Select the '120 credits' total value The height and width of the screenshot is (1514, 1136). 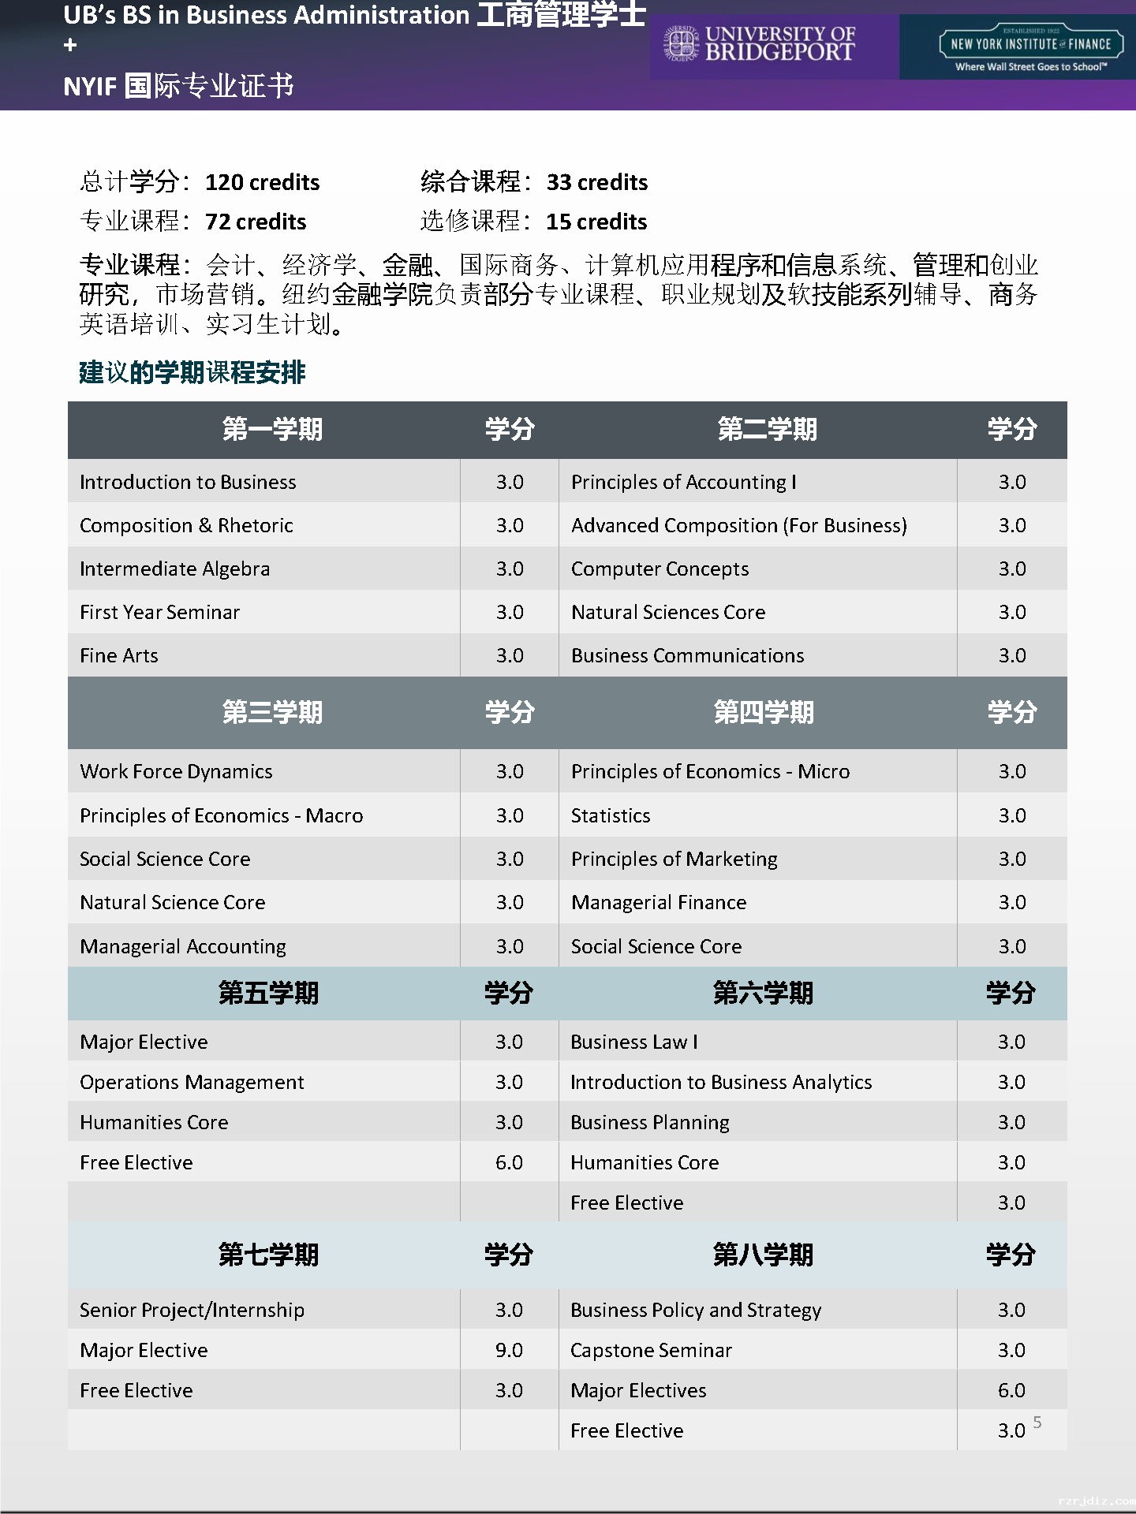point(262,182)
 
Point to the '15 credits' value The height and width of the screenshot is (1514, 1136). point(596,222)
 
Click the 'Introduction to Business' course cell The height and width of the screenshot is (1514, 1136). point(188,482)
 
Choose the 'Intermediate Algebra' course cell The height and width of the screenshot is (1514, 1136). point(174,569)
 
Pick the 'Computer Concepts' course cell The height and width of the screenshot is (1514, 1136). point(660,569)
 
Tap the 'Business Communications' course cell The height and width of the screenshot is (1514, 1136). point(687,655)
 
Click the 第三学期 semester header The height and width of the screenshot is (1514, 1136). point(271,712)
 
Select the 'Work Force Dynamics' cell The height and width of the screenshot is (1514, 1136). point(176,771)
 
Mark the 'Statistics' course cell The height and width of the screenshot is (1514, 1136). point(611,815)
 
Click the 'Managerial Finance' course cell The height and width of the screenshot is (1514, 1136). point(658,902)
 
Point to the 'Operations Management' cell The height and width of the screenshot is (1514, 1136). point(192,1082)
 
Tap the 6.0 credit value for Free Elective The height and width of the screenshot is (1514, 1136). point(509,1162)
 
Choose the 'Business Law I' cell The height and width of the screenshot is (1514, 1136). point(633,1042)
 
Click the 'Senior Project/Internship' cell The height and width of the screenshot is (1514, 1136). point(192,1310)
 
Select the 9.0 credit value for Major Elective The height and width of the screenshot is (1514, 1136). point(509,1350)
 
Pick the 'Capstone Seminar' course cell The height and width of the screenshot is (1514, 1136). point(651,1350)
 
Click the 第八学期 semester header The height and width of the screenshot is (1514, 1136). point(762,1254)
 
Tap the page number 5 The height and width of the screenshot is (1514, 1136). point(1037,1422)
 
